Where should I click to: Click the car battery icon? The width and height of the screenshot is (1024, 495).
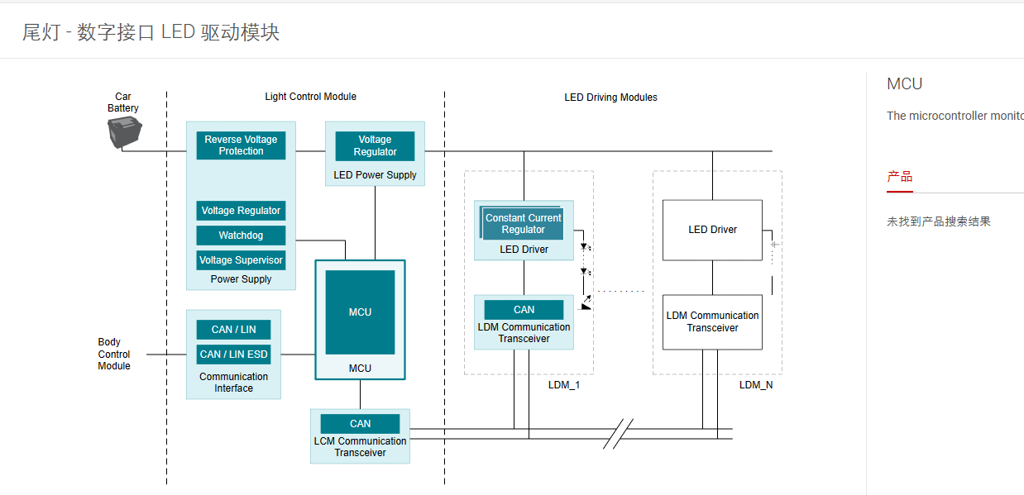[x=124, y=132]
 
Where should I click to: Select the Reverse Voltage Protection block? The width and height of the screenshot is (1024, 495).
[x=241, y=145]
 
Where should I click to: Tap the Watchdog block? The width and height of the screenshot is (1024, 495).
[x=241, y=236]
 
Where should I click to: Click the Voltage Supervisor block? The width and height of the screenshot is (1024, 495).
[x=241, y=259]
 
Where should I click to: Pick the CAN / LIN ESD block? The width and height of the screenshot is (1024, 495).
[x=233, y=355]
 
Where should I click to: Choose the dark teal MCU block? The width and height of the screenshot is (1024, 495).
[x=361, y=312]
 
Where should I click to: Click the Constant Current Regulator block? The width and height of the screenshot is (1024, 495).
[x=523, y=223]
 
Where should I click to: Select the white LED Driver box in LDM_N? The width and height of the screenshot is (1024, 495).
[x=712, y=230]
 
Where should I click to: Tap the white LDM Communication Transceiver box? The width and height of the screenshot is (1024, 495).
[x=712, y=322]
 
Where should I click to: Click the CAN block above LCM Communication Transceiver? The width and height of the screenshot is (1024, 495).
[x=361, y=424]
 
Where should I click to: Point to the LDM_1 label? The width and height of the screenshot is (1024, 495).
[x=563, y=385]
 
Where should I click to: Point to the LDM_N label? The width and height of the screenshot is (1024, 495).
[x=756, y=385]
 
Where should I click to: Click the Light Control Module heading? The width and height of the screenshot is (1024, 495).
[x=310, y=97]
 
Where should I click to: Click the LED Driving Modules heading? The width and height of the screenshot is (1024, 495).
[x=610, y=98]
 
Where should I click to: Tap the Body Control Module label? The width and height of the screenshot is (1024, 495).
[x=114, y=354]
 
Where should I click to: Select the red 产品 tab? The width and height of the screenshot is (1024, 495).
[x=900, y=177]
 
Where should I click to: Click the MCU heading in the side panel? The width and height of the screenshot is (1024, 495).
[x=905, y=84]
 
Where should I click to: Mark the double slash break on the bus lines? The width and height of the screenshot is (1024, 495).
[x=618, y=434]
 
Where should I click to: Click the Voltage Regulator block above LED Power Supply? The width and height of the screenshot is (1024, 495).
[x=375, y=145]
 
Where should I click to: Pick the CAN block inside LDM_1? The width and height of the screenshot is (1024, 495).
[x=524, y=310]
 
